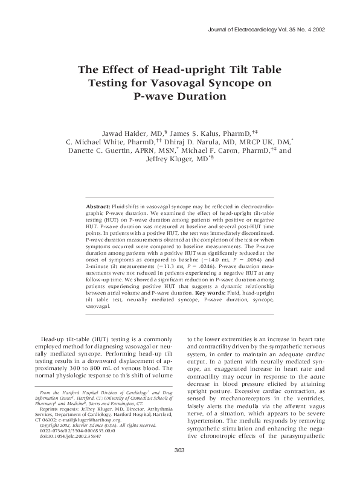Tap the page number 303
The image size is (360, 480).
(x=179, y=467)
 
